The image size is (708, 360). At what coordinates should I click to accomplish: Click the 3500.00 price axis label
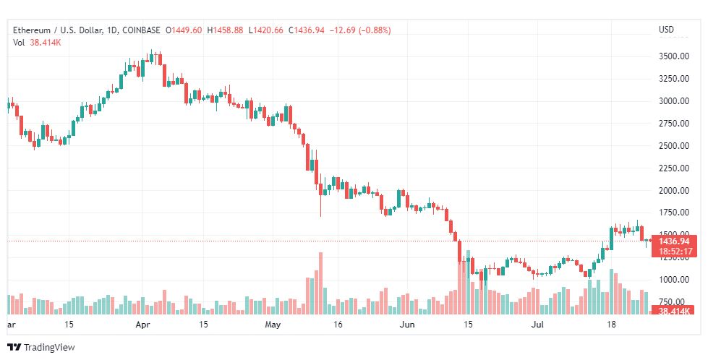click(674, 56)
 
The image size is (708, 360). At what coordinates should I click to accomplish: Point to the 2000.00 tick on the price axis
click(674, 190)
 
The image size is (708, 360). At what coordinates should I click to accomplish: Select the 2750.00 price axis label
click(674, 123)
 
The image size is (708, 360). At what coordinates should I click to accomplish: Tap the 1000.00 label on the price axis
click(674, 280)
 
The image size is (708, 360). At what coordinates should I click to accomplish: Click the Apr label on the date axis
click(142, 325)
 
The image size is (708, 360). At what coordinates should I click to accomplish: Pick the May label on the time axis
click(273, 325)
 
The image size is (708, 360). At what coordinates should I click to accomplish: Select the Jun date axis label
click(407, 325)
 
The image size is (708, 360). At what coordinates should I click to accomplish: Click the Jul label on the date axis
click(537, 325)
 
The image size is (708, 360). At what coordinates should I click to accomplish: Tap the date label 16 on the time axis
click(338, 325)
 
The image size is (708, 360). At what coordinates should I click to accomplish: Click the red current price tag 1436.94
click(674, 241)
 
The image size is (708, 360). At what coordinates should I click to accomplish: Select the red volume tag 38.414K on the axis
click(674, 312)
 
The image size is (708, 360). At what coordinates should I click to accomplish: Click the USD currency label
click(666, 30)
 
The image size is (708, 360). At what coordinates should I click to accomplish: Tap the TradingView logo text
click(48, 347)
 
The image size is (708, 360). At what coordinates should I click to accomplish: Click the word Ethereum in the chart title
click(32, 30)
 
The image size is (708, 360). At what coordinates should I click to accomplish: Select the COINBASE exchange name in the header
click(141, 30)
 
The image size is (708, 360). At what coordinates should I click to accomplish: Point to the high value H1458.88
click(225, 30)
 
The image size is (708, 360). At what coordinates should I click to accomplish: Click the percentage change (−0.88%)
click(375, 30)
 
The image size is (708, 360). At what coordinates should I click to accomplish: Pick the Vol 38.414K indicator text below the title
click(37, 43)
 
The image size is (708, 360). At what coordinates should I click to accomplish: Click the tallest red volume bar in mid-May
click(320, 283)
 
